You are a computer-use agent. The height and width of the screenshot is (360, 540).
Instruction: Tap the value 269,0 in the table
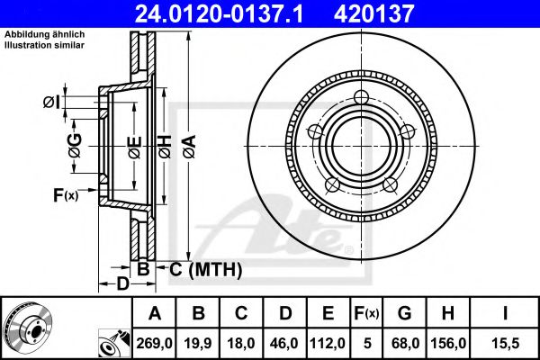click(x=154, y=343)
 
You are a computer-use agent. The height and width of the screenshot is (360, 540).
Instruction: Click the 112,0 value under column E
click(x=328, y=343)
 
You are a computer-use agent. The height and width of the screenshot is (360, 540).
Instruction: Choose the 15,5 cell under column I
click(x=506, y=343)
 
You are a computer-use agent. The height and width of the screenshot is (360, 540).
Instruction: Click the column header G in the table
click(x=404, y=313)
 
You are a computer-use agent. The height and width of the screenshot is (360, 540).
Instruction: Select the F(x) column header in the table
click(x=364, y=313)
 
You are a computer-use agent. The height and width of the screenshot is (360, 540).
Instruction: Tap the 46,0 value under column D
click(x=286, y=343)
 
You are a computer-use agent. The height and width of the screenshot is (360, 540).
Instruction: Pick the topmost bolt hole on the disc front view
click(x=362, y=98)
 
